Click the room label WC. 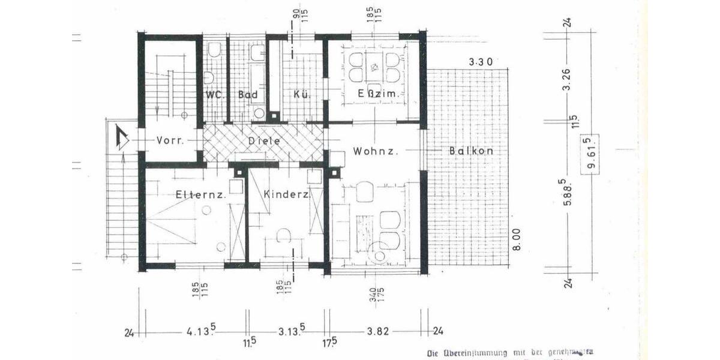pos(214,95)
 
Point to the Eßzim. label pos(375,94)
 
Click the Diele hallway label pos(264,140)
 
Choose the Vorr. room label pos(170,140)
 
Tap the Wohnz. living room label pos(376,151)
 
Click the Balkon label pos(471,151)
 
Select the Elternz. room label pos(200,194)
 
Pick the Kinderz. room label pos(286,194)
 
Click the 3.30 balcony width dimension pos(480,61)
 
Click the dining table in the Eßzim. pos(375,67)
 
